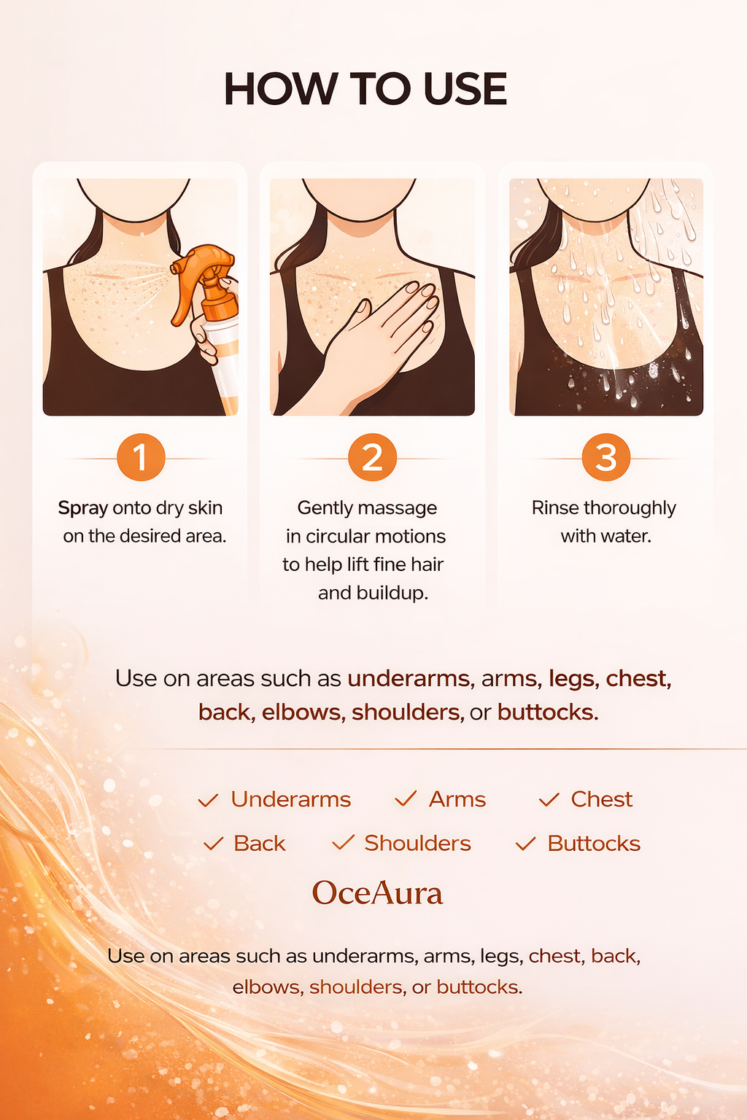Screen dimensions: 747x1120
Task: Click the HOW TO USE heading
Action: point(365,88)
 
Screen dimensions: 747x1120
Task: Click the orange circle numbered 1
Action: point(141,457)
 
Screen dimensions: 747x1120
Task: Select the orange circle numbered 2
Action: point(372,457)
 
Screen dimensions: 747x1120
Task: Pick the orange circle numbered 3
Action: point(606,457)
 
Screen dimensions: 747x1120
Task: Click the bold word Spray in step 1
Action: point(83,508)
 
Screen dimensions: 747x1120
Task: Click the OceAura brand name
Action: point(377,893)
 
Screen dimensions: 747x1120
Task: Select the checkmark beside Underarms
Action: point(208,800)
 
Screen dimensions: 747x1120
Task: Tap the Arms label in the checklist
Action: point(457,799)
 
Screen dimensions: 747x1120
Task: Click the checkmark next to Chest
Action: point(549,799)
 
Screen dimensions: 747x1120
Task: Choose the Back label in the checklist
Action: point(259,844)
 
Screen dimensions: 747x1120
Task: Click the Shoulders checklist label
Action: point(418,844)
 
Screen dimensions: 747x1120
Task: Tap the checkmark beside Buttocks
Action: point(526,844)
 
